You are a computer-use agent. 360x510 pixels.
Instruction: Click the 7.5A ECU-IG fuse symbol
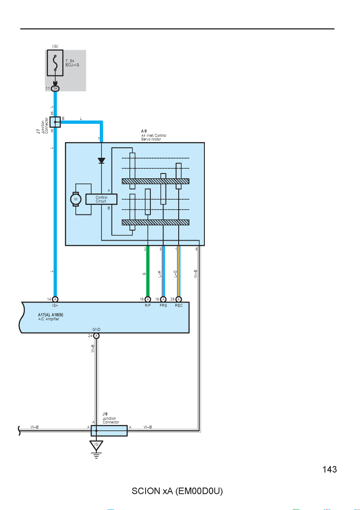coord(55,63)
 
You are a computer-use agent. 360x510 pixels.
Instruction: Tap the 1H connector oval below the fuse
coord(55,88)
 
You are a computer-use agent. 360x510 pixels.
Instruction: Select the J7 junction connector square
coord(55,122)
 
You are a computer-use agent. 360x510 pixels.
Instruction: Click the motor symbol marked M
coord(76,199)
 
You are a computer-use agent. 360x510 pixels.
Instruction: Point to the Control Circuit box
coord(102,199)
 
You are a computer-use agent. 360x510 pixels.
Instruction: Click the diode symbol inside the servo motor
coord(102,160)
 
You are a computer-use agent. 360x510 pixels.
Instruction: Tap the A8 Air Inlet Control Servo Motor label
coord(153,135)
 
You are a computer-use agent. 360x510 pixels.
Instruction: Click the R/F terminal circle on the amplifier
coord(148,299)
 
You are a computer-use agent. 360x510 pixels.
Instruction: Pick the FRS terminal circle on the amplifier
coord(163,299)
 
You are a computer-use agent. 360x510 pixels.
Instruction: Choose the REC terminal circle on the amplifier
coord(179,299)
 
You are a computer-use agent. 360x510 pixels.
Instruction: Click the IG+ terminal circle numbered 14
coord(55,299)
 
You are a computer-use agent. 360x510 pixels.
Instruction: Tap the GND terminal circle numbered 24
coord(96,336)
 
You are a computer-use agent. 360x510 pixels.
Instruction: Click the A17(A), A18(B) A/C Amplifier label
coord(51,317)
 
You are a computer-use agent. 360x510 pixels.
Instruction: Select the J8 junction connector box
coord(109,431)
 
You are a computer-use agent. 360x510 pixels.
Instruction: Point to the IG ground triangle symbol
coord(96,445)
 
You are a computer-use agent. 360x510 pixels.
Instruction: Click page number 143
coord(329,469)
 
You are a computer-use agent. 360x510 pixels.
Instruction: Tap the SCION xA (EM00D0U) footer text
coord(177,491)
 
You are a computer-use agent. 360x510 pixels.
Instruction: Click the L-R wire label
coord(160,274)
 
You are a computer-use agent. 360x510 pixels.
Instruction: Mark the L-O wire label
coord(175,274)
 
